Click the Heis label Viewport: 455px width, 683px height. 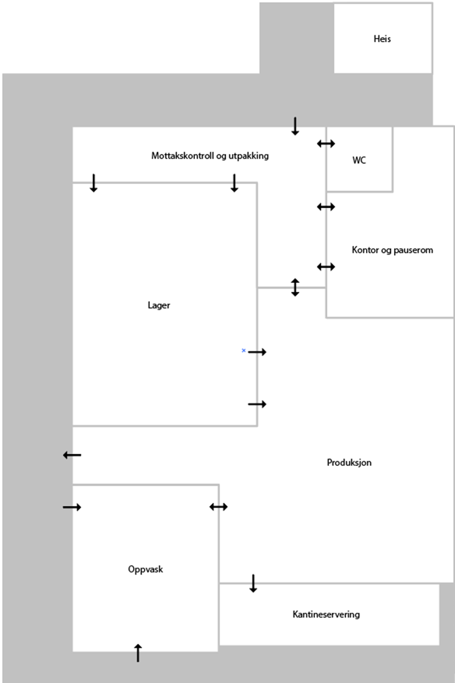382,39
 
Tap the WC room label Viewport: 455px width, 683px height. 359,160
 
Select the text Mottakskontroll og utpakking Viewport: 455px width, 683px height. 210,156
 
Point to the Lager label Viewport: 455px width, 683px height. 159,305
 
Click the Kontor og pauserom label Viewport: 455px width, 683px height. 392,250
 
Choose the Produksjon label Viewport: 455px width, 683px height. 349,463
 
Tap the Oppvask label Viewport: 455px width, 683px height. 145,569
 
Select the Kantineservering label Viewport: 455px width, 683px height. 326,615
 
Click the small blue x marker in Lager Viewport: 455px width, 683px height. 244,350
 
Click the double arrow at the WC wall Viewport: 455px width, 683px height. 326,143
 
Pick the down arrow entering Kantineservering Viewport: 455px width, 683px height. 253,583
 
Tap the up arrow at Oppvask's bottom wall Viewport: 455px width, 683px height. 138,652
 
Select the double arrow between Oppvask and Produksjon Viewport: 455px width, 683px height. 218,507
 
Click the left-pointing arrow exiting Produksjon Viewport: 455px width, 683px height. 72,455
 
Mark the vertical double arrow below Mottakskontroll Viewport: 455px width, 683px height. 295,287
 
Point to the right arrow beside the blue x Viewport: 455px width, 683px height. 257,352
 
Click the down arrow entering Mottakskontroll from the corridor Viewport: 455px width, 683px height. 295,126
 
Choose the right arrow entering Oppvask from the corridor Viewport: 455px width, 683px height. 72,507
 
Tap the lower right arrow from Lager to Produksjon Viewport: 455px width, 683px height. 257,404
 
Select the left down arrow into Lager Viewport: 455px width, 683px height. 93,183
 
